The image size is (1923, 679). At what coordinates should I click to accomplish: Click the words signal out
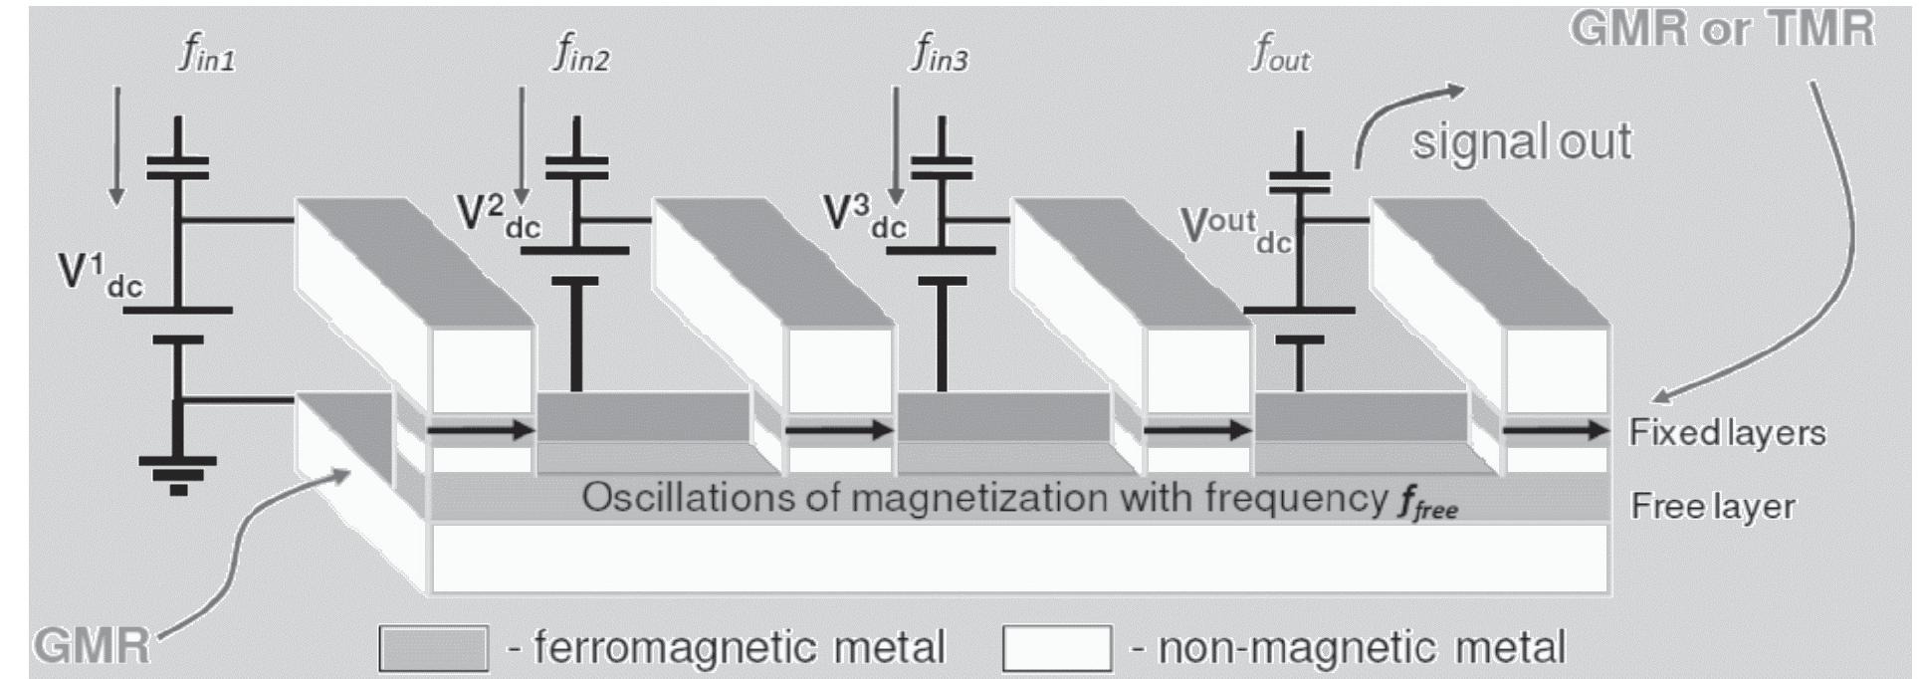point(1521,141)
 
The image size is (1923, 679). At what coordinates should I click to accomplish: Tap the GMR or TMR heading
point(1722,28)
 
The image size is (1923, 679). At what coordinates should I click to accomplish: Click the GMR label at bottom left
point(92,646)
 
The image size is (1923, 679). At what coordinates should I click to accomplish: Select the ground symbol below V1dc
point(178,472)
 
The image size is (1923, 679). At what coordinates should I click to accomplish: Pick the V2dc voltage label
point(498,215)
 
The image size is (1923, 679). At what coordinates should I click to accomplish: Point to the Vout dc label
point(1234,229)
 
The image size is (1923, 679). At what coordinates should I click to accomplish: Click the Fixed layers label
point(1727,432)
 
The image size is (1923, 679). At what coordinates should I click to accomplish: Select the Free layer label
point(1712,506)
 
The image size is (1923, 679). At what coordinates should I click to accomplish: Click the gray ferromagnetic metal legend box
point(433,648)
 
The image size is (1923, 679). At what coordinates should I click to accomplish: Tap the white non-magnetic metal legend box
point(1056,648)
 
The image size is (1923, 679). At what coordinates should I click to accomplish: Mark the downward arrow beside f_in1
point(117,145)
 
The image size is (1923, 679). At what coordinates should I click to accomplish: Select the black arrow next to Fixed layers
point(1553,430)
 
